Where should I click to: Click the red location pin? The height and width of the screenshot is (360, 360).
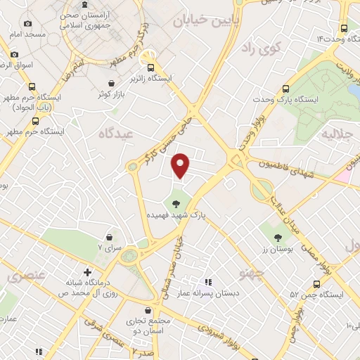181,165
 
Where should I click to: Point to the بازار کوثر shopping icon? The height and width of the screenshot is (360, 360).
104,82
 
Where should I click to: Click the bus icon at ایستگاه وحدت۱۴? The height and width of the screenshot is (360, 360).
344,28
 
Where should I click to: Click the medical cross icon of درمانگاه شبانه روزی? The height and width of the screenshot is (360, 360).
87,271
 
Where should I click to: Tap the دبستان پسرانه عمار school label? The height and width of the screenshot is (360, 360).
231,294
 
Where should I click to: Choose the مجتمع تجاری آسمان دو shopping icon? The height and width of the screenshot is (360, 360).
148,309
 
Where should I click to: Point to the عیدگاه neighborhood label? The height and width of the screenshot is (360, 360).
116,133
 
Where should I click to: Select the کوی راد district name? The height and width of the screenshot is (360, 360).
257,48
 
